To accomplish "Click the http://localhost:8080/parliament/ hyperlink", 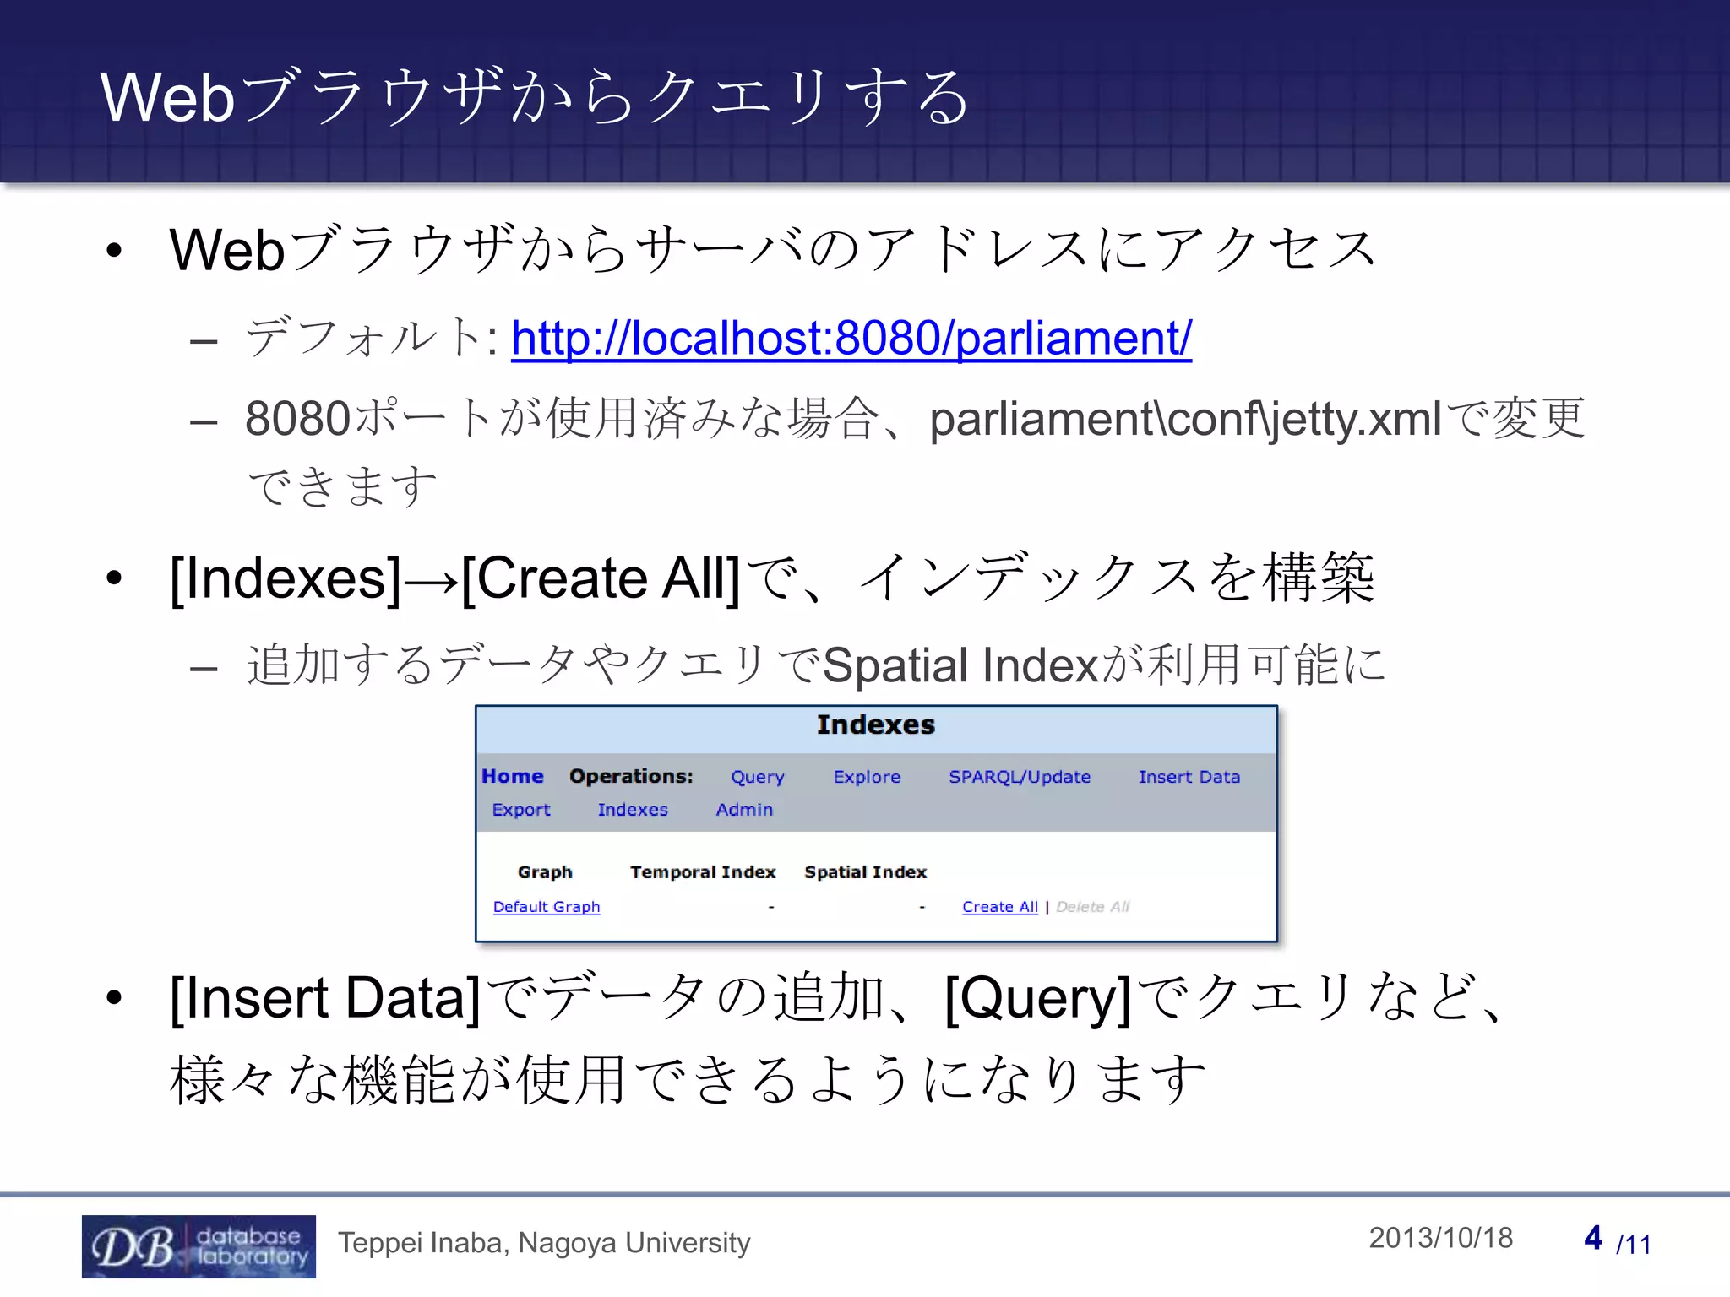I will click(x=851, y=338).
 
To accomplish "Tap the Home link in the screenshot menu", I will click(x=512, y=776).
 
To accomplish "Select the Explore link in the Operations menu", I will click(x=867, y=777).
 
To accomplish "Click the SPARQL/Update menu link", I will click(x=1019, y=777).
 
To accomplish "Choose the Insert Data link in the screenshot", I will click(x=1189, y=777).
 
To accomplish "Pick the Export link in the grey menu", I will click(x=520, y=810).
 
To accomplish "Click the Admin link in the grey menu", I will click(x=744, y=810).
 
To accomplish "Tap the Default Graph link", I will click(x=547, y=907).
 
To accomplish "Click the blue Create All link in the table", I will click(x=999, y=907).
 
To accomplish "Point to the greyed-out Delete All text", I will click(x=1092, y=907).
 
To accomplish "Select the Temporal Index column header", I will click(x=703, y=872).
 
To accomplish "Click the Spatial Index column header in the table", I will click(x=865, y=872).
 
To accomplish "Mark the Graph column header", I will click(x=545, y=872).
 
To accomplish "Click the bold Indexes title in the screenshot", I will click(x=875, y=725).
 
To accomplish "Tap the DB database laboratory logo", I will click(x=199, y=1246).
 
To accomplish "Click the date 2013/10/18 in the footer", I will click(x=1440, y=1238).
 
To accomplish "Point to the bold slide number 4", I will click(x=1593, y=1238).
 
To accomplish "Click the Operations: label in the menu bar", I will click(x=631, y=776).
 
